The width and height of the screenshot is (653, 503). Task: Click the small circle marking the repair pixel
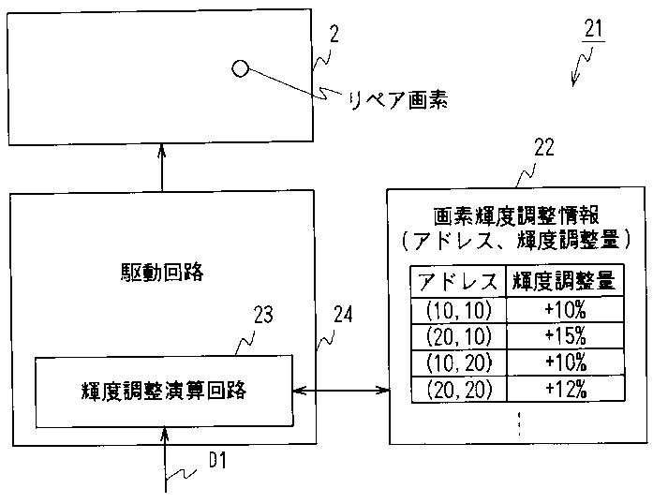[240, 68]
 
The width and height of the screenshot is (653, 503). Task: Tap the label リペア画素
[397, 99]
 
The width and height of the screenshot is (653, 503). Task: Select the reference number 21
[593, 29]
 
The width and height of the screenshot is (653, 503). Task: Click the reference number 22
[543, 147]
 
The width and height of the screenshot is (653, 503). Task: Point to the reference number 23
[263, 315]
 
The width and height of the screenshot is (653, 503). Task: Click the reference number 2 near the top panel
[334, 35]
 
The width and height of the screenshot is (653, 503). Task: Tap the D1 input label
[217, 460]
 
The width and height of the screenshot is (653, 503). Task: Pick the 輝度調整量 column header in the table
[562, 281]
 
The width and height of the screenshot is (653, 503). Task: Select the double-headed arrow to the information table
[341, 390]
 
